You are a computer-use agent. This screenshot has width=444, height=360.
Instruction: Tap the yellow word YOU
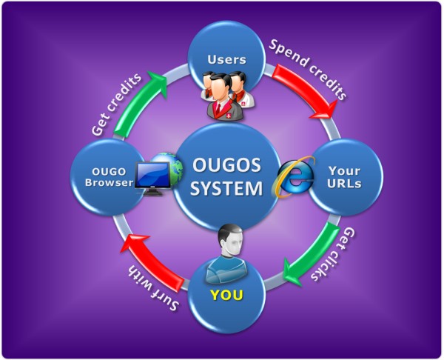click(226, 296)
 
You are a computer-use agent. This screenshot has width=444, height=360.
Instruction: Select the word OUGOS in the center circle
click(227, 164)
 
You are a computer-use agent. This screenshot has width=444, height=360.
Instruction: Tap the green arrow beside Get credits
click(147, 96)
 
